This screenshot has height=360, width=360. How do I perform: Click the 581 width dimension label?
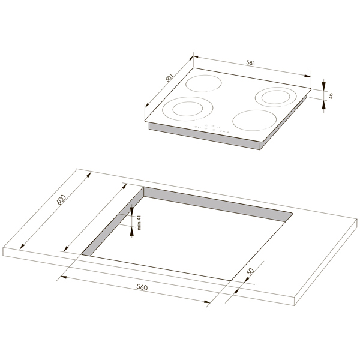(251, 62)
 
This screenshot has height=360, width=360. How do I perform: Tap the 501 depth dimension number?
(169, 78)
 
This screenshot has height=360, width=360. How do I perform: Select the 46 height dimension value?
(331, 96)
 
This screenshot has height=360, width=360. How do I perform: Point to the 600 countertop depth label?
(61, 200)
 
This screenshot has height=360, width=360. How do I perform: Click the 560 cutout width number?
(142, 287)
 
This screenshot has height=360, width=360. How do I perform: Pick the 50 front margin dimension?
(250, 271)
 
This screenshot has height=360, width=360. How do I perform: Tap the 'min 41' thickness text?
(139, 223)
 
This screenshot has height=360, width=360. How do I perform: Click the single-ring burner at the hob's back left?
(204, 83)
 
